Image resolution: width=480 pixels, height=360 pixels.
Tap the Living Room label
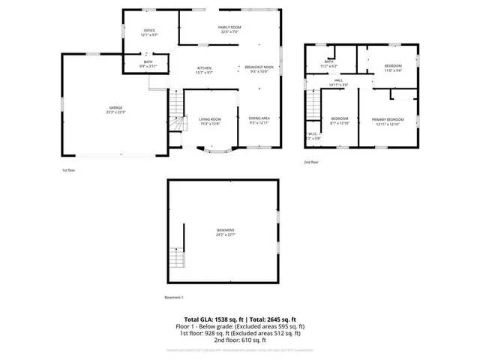tap(210, 121)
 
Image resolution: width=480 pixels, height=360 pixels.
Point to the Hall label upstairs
tap(338, 82)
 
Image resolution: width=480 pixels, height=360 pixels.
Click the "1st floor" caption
tap(69, 170)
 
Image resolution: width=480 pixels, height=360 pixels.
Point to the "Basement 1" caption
tap(174, 298)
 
